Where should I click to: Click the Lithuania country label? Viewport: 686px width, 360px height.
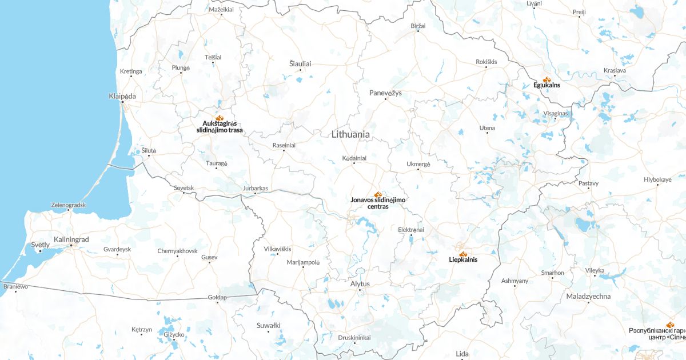click(350, 134)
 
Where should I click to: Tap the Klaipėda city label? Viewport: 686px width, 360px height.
click(122, 96)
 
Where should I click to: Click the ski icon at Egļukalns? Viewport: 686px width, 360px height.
click(546, 79)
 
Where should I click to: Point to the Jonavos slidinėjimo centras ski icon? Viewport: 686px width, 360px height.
click(377, 194)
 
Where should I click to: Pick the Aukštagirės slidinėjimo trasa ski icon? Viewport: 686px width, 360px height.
click(219, 117)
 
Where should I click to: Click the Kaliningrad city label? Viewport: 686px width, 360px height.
click(71, 239)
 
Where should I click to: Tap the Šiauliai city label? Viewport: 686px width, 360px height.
click(300, 63)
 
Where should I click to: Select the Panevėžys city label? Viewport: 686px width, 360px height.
click(385, 93)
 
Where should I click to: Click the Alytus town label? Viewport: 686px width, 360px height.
click(360, 284)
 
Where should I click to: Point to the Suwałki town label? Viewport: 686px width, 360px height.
click(269, 325)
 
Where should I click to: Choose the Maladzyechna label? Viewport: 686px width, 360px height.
click(588, 296)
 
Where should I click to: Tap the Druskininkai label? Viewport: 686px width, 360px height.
click(354, 338)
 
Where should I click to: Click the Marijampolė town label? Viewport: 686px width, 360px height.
click(302, 262)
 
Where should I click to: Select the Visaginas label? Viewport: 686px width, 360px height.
click(556, 113)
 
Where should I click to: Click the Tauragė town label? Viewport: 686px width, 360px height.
click(217, 163)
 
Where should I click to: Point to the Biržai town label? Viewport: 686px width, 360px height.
click(418, 26)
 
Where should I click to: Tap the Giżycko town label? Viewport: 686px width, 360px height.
click(174, 334)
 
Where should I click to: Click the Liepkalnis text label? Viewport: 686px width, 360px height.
click(463, 259)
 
